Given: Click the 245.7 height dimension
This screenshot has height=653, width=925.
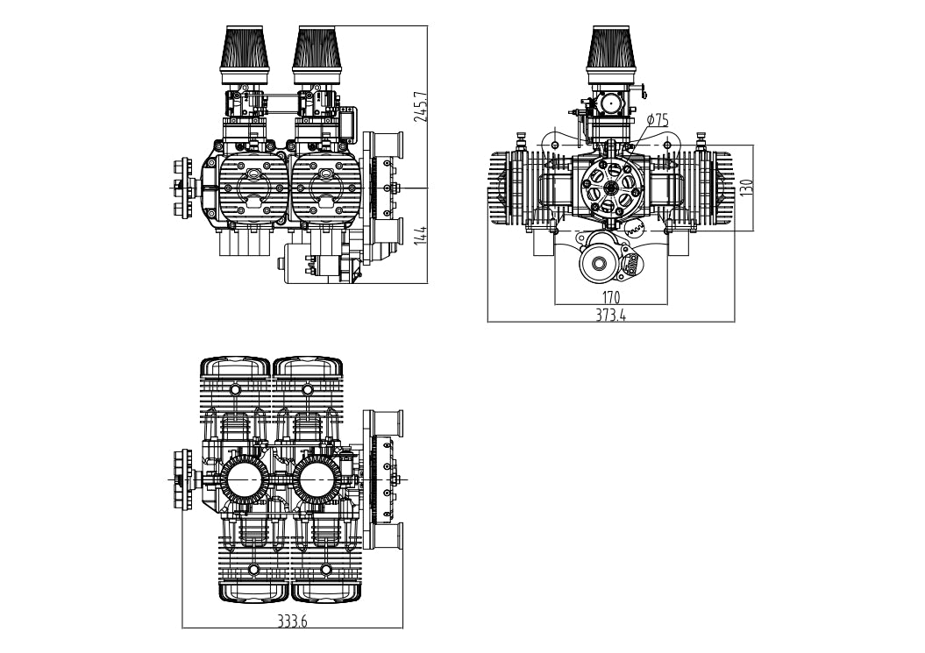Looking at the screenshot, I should (422, 107).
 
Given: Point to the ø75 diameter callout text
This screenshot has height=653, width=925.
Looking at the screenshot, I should (657, 120).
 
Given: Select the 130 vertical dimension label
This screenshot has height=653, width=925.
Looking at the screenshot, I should (746, 188).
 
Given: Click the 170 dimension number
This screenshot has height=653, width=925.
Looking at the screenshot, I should (611, 297).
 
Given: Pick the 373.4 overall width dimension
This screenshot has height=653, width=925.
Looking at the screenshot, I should (611, 316).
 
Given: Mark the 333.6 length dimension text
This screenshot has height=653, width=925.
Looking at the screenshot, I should (292, 621).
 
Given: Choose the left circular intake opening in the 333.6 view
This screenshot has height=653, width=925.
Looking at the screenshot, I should (244, 479).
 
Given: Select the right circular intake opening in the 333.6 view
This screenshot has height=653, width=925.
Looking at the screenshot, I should (317, 479).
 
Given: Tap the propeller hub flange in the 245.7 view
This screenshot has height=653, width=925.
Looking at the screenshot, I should (182, 187).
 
